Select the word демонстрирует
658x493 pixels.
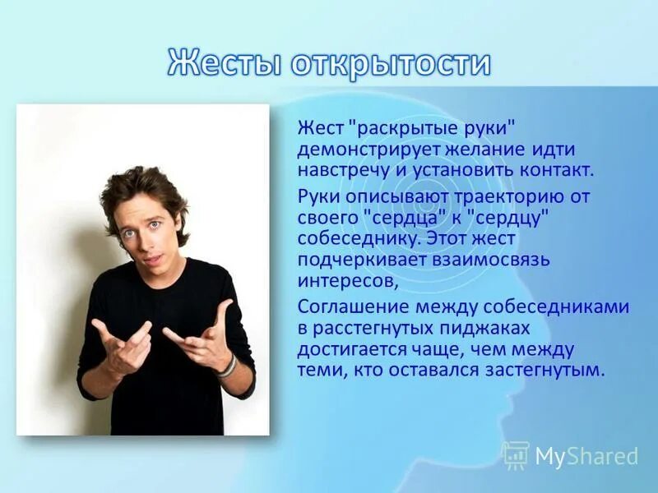(369, 150)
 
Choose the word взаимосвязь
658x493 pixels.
(487, 260)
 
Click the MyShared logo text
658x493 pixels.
(586, 456)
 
